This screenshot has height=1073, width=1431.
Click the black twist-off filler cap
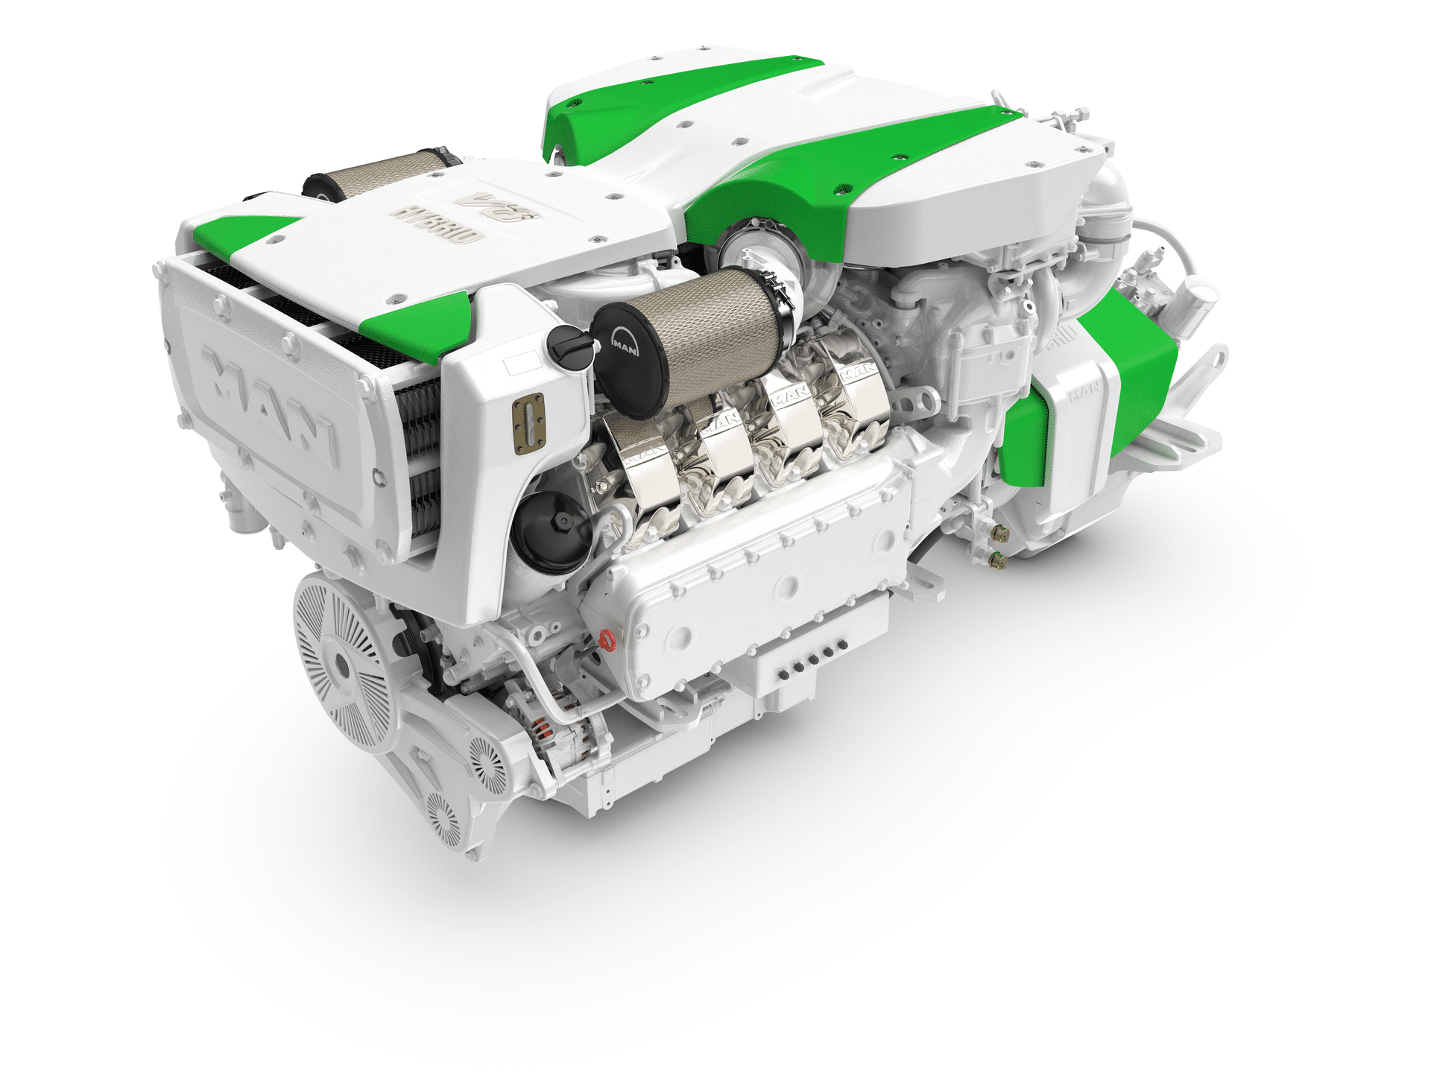(569, 346)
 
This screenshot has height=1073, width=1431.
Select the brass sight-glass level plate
(528, 424)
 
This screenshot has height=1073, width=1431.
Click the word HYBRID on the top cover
(436, 224)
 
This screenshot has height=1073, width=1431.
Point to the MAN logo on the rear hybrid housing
(1084, 391)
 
